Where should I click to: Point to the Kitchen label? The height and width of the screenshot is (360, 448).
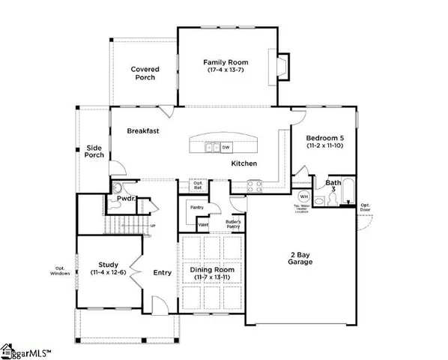click(244, 163)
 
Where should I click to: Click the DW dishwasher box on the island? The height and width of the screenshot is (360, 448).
click(225, 148)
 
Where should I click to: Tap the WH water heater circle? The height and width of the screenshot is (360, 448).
click(304, 196)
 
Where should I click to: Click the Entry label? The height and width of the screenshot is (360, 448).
click(163, 274)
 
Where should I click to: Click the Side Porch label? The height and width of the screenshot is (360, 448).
click(94, 152)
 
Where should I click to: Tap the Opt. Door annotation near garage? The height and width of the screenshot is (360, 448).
click(365, 207)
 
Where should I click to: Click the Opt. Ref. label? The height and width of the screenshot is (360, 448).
click(199, 185)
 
